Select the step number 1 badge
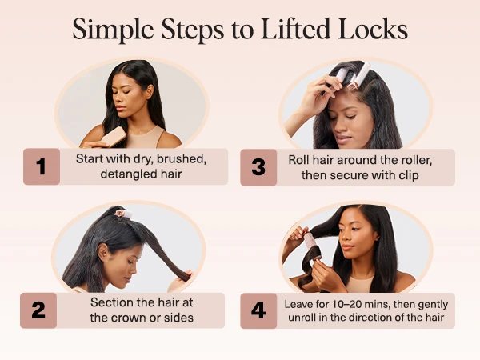tap(42, 166)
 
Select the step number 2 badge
tap(42, 310)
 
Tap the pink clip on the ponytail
tap(122, 214)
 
